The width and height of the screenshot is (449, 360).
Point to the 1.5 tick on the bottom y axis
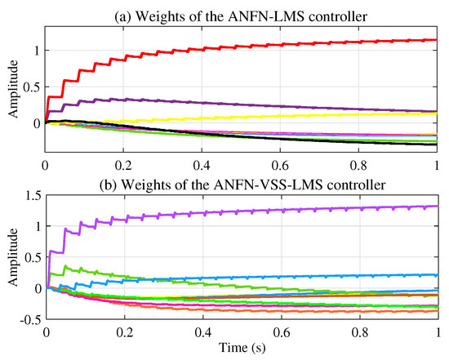click(32, 194)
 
